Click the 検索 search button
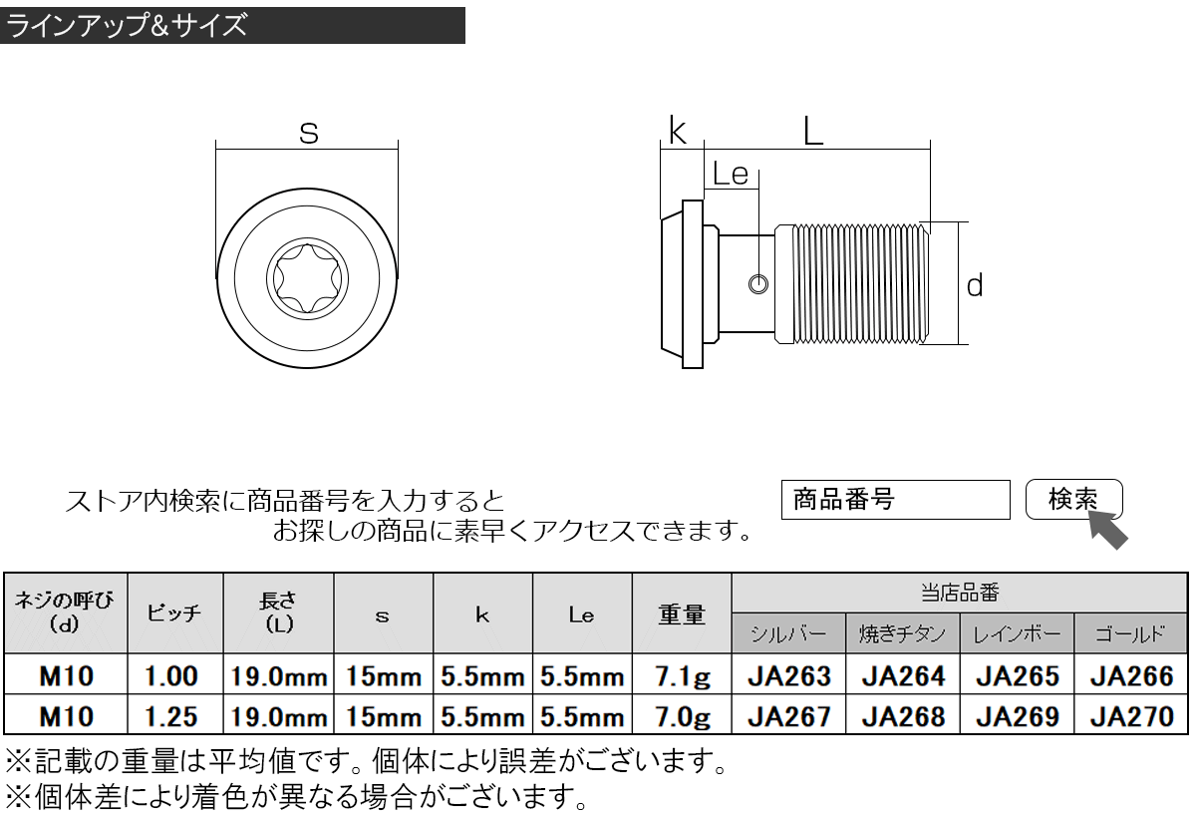(1073, 499)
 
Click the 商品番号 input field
(895, 500)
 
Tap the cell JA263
(789, 676)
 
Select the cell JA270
(1131, 716)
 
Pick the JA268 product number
(903, 716)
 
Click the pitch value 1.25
(171, 716)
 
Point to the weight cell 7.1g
(683, 676)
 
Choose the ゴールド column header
(1131, 634)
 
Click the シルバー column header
(788, 634)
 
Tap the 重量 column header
(682, 613)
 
